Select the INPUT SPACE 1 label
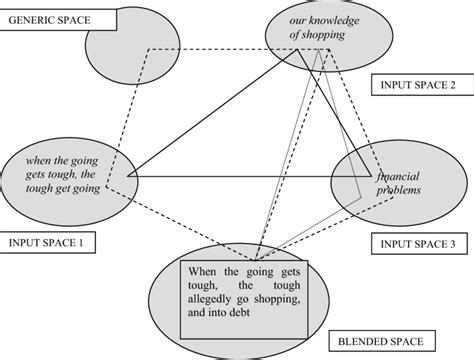point(45,241)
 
